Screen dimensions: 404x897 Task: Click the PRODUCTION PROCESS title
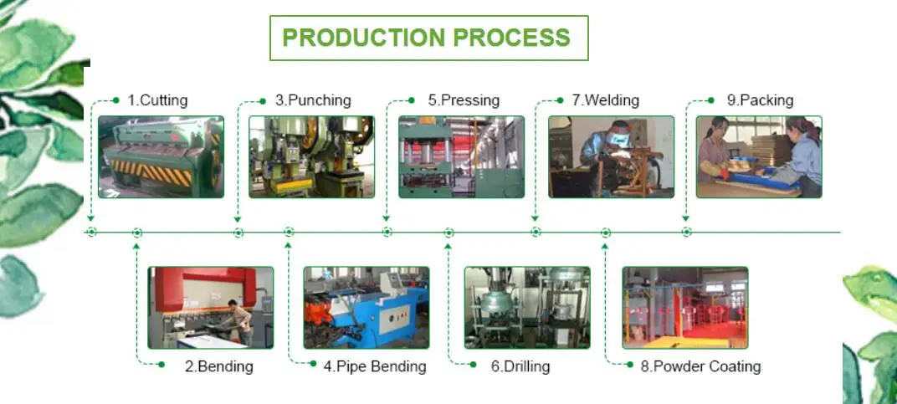point(428,38)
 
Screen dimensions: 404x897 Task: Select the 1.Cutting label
point(157,100)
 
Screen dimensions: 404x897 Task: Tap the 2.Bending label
point(218,366)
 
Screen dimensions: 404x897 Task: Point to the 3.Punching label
point(313,100)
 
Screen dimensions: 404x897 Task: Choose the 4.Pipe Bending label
point(374,366)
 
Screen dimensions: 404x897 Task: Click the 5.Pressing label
point(464,100)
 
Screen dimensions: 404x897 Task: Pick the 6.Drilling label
point(520,366)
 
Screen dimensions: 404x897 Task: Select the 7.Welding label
point(605,100)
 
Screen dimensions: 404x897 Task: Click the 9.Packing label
point(759,100)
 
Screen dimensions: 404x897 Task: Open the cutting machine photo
point(161,156)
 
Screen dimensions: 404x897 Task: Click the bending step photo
point(210,307)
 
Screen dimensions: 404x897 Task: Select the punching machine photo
point(311,156)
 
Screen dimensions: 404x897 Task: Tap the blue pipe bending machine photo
point(366,307)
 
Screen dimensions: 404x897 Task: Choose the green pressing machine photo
point(461,156)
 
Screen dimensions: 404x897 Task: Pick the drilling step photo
point(526,307)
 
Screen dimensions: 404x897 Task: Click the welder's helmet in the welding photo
point(618,134)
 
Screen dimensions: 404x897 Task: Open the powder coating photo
point(684,307)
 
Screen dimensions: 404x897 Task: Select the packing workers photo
point(759,156)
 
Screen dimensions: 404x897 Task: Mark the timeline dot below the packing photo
point(686,232)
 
